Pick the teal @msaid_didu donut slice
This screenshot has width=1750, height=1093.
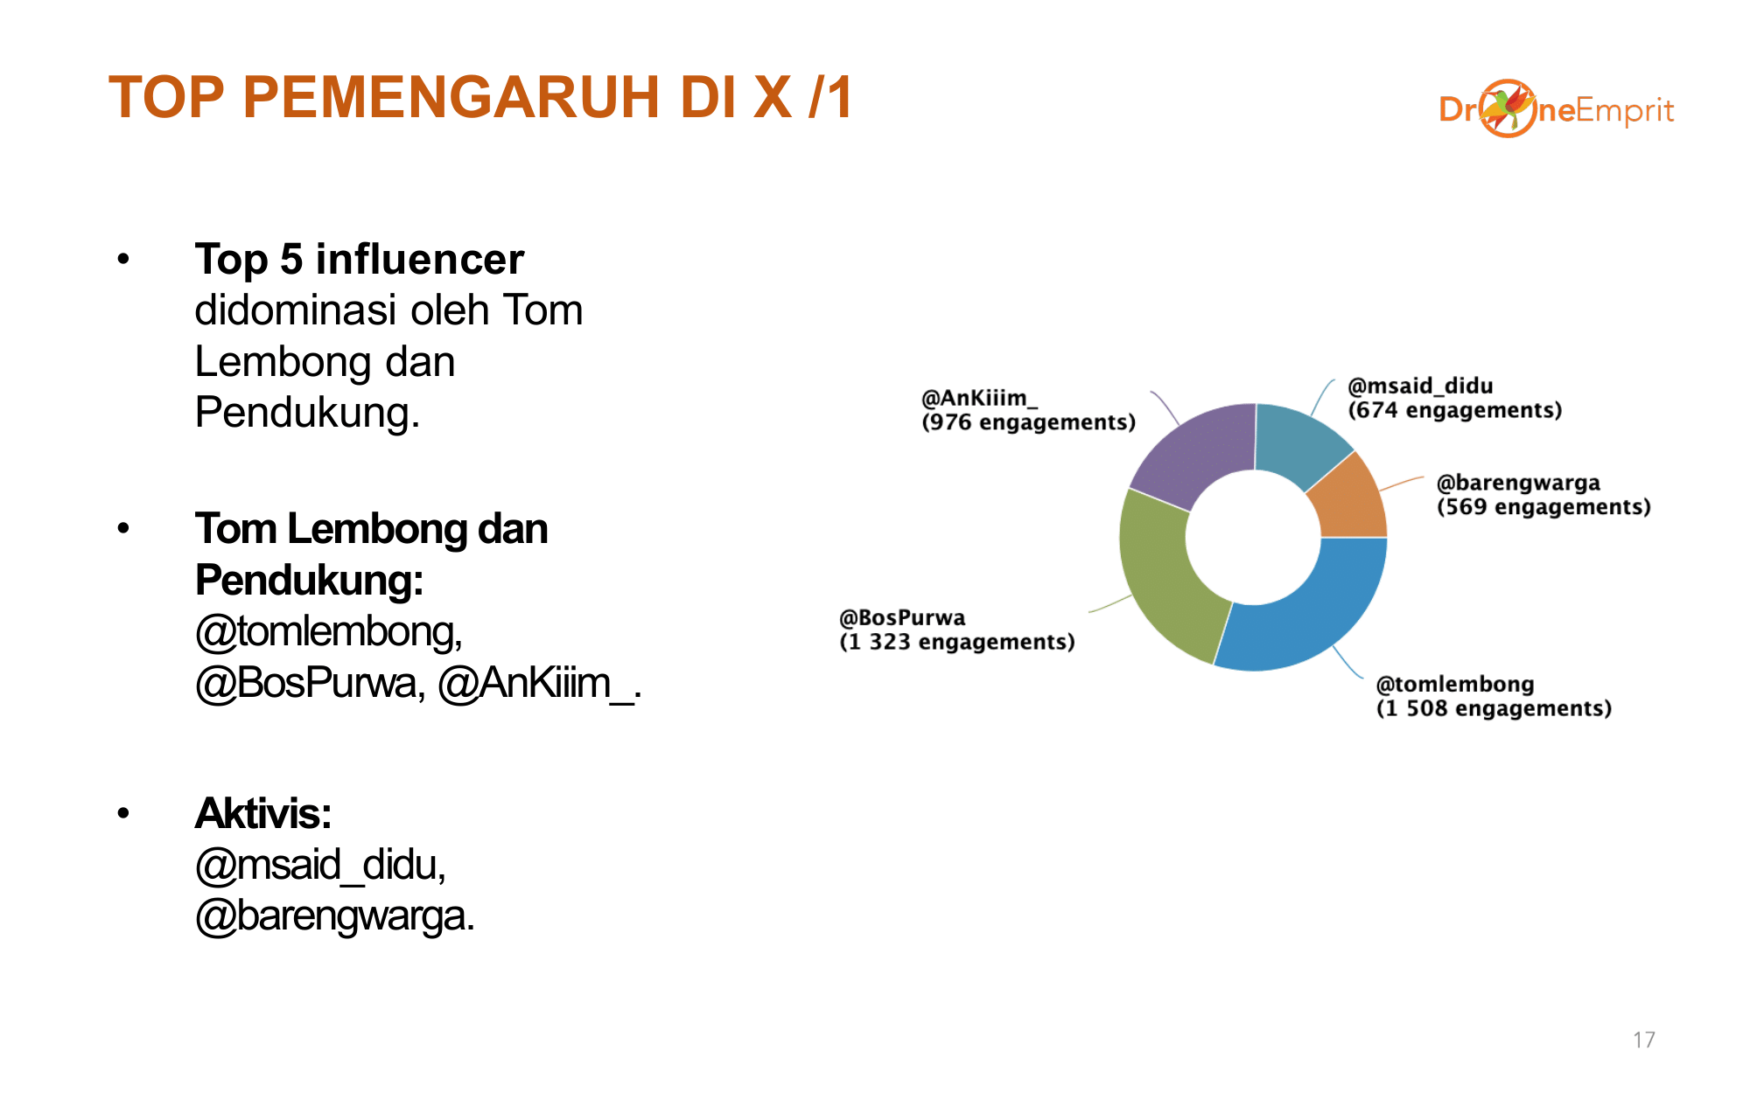tap(1299, 442)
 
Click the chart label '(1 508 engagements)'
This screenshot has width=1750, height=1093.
tap(1494, 708)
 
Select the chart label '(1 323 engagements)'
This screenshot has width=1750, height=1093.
tap(957, 642)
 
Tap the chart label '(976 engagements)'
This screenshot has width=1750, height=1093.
tap(1029, 422)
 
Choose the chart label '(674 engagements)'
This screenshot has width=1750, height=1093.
tap(1455, 410)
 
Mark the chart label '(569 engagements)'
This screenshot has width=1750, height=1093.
tap(1544, 507)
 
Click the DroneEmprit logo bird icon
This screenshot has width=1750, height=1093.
tap(1507, 108)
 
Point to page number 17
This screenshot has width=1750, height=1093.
tap(1644, 1040)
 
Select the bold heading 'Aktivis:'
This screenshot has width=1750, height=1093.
tap(263, 813)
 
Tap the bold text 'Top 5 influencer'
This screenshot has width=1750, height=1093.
tap(360, 260)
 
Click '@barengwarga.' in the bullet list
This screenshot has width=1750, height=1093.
tap(335, 916)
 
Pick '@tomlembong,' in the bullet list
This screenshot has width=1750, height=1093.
tap(329, 631)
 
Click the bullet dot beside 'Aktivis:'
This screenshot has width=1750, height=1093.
tap(123, 813)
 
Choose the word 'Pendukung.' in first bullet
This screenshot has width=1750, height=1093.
tap(307, 413)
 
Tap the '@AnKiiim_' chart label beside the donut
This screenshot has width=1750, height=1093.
tap(979, 399)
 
